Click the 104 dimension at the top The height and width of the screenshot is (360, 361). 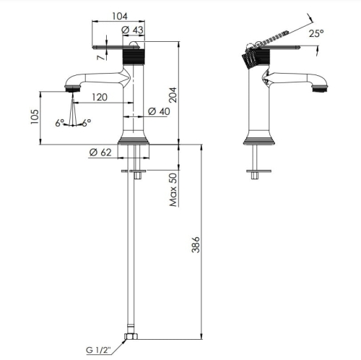pos(120,16)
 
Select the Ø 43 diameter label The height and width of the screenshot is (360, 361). pos(132,30)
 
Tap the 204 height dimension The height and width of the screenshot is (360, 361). pos(173,95)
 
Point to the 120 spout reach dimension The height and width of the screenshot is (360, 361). pos(100,97)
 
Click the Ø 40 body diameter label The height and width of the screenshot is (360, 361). pos(159,111)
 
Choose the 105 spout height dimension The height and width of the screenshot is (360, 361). pos(35,117)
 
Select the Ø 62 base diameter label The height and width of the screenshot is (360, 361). pos(100,153)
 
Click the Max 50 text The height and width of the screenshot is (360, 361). pos(173,190)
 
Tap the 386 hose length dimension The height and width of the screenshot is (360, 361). pos(196,244)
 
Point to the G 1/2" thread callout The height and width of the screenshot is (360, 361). pos(98,350)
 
